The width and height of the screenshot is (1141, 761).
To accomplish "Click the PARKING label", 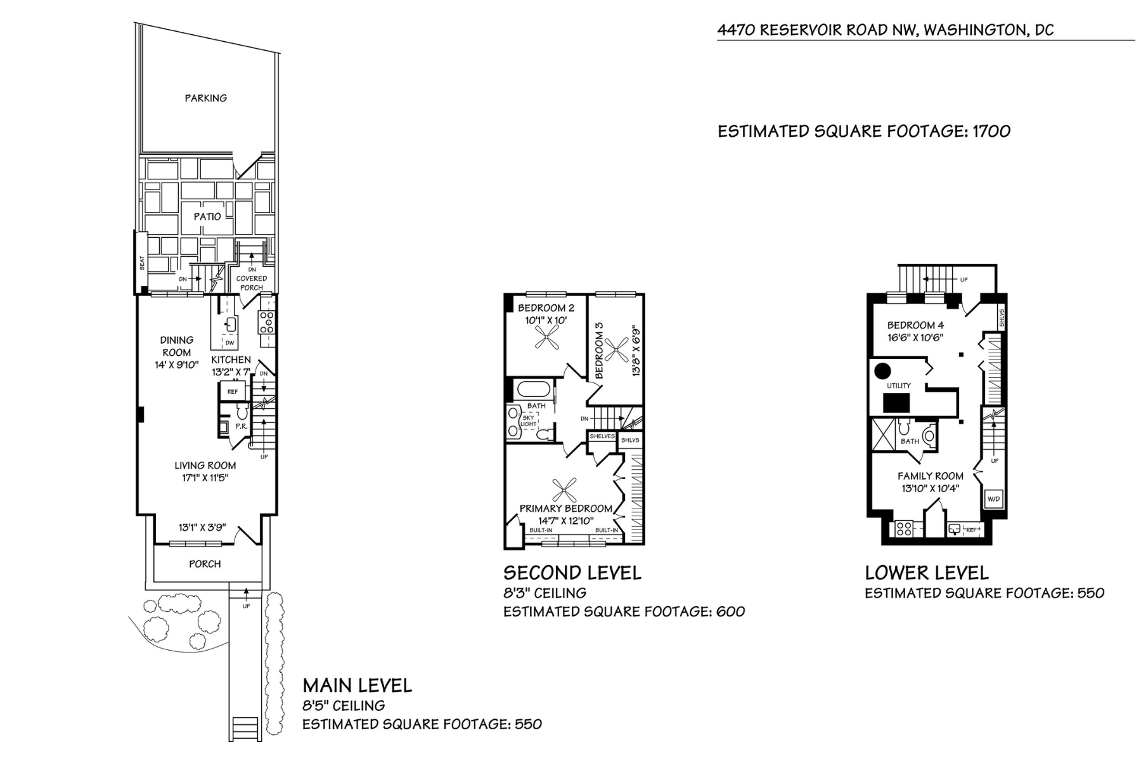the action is click(205, 98).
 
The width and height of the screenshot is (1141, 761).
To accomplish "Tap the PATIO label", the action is click(207, 216).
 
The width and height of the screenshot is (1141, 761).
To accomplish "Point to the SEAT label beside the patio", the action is click(142, 263).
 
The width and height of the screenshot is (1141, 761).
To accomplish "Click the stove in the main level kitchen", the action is click(267, 322).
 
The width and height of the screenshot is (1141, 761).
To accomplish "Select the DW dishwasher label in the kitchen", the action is click(229, 343).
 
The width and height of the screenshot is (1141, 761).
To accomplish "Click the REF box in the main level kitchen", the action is click(233, 391).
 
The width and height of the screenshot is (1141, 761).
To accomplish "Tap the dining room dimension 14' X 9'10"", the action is click(176, 365).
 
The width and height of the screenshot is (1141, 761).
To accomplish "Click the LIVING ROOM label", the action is click(205, 465).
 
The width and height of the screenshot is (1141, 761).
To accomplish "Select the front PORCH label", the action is click(205, 564).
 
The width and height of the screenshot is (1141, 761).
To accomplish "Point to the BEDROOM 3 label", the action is click(600, 351).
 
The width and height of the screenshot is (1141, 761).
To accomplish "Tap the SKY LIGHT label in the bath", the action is click(529, 420).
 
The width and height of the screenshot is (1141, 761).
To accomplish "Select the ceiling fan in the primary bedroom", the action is click(564, 490).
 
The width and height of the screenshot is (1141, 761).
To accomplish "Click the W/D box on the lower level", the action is click(993, 499).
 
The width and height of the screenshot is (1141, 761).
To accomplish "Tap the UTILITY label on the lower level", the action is click(898, 386).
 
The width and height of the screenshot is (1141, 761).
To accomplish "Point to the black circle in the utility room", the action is click(882, 370).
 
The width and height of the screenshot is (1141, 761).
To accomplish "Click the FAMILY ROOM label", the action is click(930, 476).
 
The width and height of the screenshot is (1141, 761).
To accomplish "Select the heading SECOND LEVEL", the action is click(572, 573).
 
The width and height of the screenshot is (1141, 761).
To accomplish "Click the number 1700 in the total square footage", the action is click(991, 131).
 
